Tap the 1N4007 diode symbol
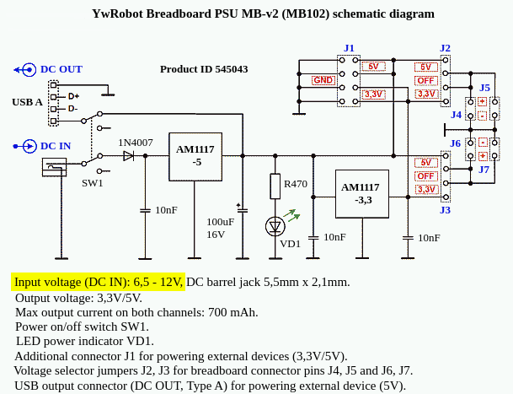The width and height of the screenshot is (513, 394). click(x=128, y=156)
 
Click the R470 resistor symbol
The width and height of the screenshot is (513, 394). click(x=275, y=186)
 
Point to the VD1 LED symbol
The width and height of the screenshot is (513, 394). click(x=275, y=226)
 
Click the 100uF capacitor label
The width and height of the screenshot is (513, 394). click(x=220, y=222)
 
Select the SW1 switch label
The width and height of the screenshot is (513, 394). click(x=93, y=183)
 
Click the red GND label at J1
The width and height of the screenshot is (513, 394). click(x=323, y=80)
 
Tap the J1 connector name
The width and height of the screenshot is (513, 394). click(x=349, y=49)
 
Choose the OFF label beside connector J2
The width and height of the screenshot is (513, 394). click(x=425, y=81)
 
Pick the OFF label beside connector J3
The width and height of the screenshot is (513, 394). click(x=425, y=176)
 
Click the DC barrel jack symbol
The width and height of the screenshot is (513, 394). click(x=54, y=167)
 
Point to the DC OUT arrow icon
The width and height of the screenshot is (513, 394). click(x=25, y=70)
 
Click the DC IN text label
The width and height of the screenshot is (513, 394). click(x=56, y=146)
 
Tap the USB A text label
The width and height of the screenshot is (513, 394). click(x=27, y=102)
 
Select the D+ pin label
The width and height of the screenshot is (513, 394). click(x=73, y=96)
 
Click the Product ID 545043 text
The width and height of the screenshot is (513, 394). click(x=204, y=69)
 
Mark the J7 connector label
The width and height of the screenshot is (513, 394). click(x=484, y=170)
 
